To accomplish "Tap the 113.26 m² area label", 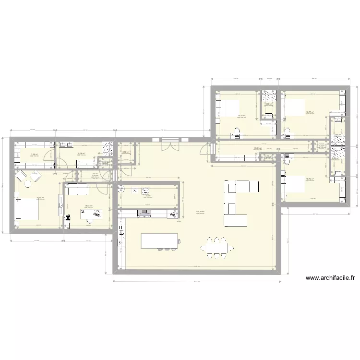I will click(x=200, y=211).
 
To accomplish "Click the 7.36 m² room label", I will click(x=35, y=154).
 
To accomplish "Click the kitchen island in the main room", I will click(x=159, y=240).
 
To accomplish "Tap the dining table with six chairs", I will click(x=217, y=248).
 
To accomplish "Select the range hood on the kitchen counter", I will click(x=144, y=213).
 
